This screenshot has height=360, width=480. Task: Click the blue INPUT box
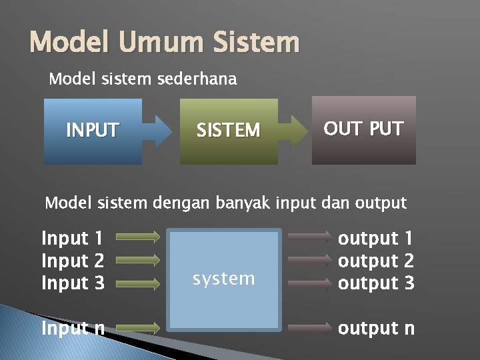point(93,131)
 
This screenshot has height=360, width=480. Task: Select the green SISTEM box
point(229,131)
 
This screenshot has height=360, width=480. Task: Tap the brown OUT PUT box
point(363,129)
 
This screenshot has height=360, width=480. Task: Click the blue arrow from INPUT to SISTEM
point(159,131)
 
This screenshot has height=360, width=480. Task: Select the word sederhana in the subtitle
point(197,79)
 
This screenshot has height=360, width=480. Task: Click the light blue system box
point(223,279)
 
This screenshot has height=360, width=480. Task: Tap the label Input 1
point(73,238)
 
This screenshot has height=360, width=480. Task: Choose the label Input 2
point(73,261)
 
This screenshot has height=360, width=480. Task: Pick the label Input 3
point(73,283)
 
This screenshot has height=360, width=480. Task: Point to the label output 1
point(376,238)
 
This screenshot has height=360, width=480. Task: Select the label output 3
point(376,283)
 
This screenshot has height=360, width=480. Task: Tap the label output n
point(376,328)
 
